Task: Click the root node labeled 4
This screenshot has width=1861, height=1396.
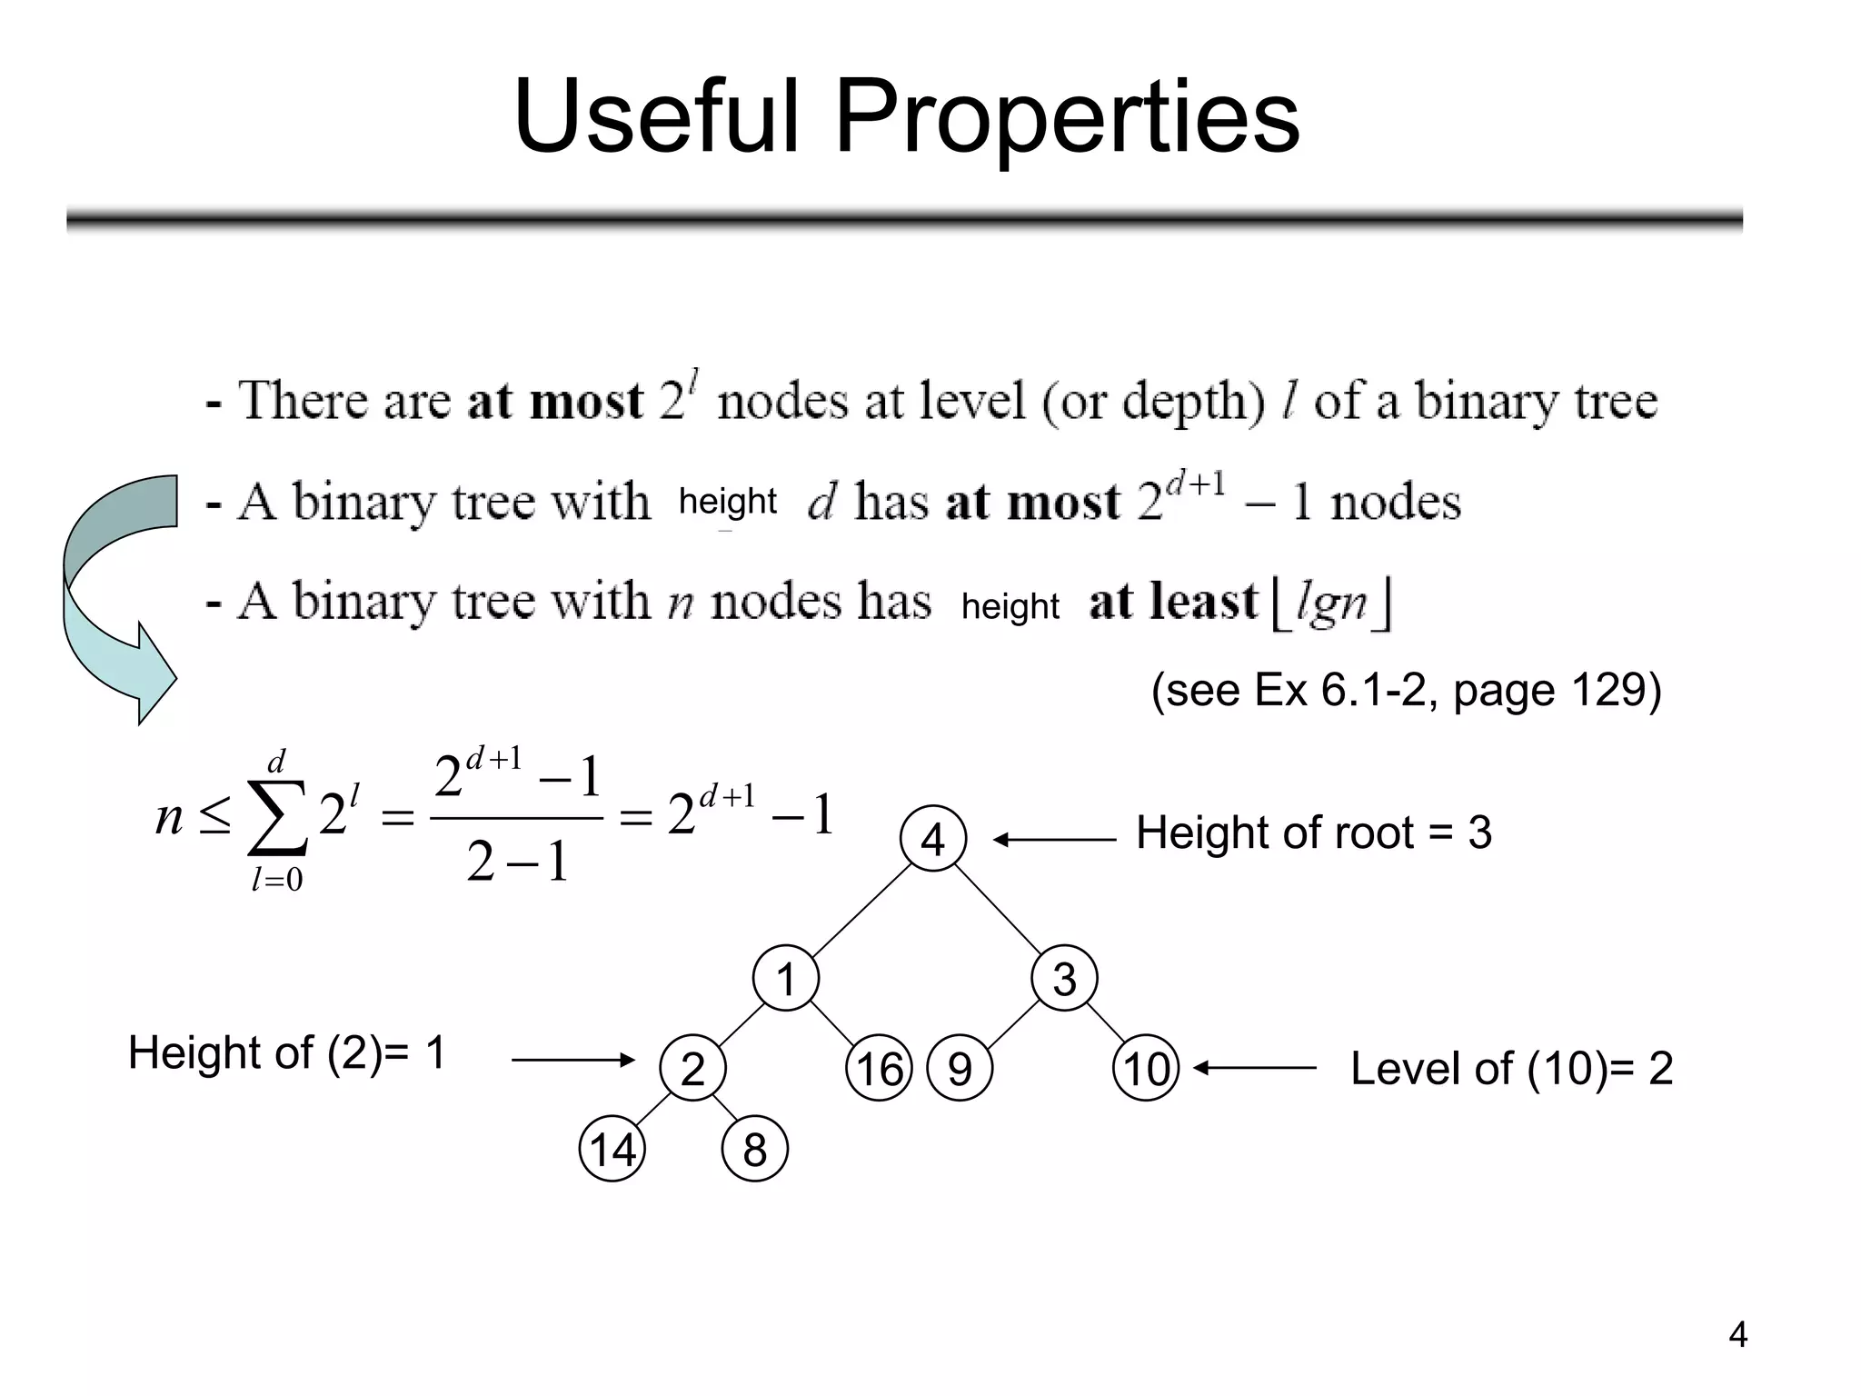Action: pos(933,839)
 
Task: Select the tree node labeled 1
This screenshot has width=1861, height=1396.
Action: pos(786,979)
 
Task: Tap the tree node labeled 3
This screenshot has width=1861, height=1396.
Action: pos(1064,979)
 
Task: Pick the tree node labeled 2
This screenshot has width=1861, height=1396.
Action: pos(692,1068)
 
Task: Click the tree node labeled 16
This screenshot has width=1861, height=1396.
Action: pos(879,1068)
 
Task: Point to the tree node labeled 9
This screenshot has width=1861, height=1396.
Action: pos(960,1068)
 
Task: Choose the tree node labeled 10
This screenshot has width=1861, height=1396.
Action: pos(1146,1068)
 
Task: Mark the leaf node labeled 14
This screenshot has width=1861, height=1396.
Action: pos(612,1149)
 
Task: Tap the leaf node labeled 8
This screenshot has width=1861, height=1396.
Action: pos(754,1149)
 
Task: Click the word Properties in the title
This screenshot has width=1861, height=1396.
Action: pos(1067,118)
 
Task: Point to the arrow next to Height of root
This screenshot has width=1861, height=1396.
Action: pos(1054,840)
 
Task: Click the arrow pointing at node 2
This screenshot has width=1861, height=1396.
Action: pos(572,1060)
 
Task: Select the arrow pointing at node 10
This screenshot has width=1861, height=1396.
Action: pos(1254,1069)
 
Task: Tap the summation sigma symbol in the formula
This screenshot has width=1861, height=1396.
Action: pos(277,816)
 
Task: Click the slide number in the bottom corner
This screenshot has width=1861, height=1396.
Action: pos(1737,1335)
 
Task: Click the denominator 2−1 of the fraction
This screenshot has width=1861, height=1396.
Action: pos(517,862)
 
